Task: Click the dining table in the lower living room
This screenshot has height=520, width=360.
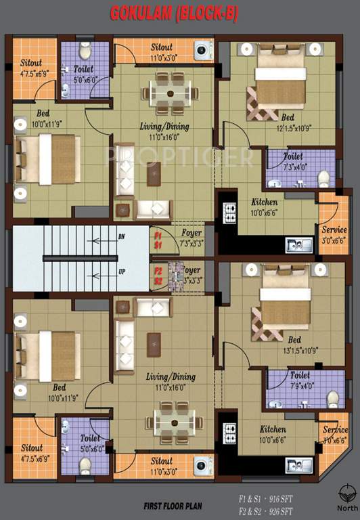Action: click(x=175, y=422)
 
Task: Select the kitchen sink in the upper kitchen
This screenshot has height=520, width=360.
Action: click(x=298, y=244)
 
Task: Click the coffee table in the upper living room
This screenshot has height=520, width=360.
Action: click(x=154, y=175)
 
